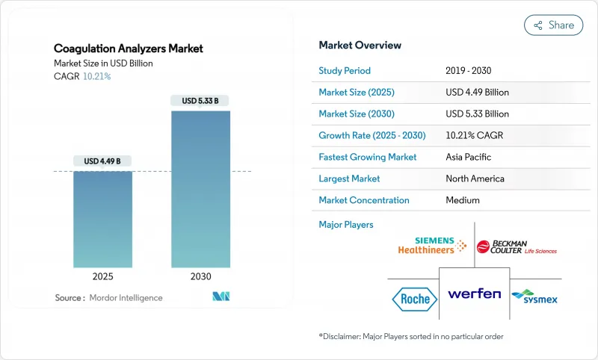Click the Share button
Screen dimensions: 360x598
pyautogui.click(x=554, y=25)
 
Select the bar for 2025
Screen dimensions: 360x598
pyautogui.click(x=102, y=219)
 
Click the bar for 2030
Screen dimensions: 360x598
pyautogui.click(x=200, y=189)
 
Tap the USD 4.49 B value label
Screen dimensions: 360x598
pyautogui.click(x=102, y=161)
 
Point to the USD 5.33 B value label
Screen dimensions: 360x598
pyautogui.click(x=200, y=101)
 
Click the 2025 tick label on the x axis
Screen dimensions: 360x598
pyautogui.click(x=102, y=276)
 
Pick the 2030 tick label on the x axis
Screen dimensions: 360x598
pyautogui.click(x=200, y=276)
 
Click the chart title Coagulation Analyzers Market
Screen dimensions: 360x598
pyautogui.click(x=129, y=49)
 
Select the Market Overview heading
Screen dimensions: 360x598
pyautogui.click(x=360, y=46)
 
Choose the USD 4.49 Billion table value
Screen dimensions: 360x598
pyautogui.click(x=476, y=93)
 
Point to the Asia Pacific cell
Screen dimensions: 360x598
pyautogui.click(x=469, y=157)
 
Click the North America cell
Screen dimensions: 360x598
pyautogui.click(x=475, y=179)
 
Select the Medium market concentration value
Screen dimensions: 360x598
pyautogui.click(x=462, y=200)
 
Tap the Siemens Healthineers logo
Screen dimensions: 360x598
pyautogui.click(x=432, y=246)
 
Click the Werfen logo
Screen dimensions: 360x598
pyautogui.click(x=474, y=294)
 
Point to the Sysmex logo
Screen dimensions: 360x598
pyautogui.click(x=534, y=297)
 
